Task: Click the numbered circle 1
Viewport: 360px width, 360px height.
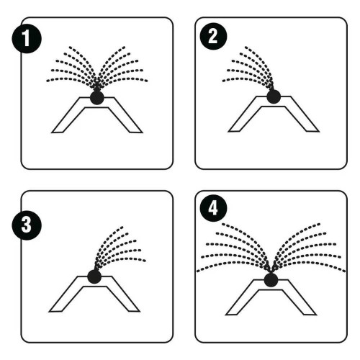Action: click(x=27, y=38)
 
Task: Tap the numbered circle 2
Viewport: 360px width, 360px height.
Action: click(x=213, y=37)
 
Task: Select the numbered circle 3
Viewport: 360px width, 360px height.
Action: click(x=27, y=225)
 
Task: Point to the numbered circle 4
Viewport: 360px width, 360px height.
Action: click(x=213, y=208)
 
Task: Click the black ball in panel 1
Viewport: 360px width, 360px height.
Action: click(x=97, y=97)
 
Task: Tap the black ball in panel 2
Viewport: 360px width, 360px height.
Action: click(x=274, y=96)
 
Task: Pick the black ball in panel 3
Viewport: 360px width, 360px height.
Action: click(x=94, y=276)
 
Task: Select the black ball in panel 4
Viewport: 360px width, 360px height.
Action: click(x=271, y=280)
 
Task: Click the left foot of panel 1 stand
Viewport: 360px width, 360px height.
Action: click(x=58, y=130)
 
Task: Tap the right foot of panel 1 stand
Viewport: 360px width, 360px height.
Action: click(x=136, y=130)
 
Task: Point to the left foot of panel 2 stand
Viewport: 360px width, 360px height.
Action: click(x=234, y=130)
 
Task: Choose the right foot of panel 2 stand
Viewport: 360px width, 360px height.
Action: click(x=312, y=130)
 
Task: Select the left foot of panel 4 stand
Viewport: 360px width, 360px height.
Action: click(x=232, y=313)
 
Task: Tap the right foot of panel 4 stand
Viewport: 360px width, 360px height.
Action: click(x=310, y=313)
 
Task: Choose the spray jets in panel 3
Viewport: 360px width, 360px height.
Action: click(x=120, y=247)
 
